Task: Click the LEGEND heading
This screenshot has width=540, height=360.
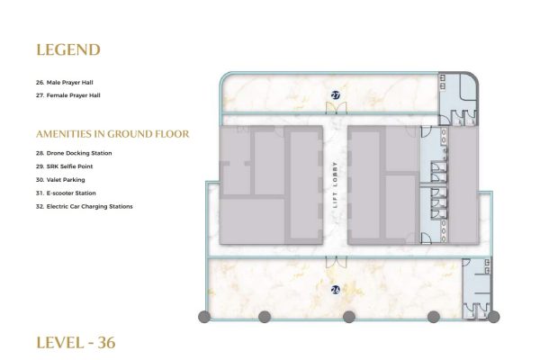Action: [68, 50]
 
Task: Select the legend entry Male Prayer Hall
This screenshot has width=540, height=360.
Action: [65, 83]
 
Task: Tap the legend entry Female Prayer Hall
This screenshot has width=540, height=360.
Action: [68, 95]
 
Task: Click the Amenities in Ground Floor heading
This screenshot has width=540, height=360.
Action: [112, 134]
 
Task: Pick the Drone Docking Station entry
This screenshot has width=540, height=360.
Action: [74, 153]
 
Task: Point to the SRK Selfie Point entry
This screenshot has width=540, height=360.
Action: [65, 166]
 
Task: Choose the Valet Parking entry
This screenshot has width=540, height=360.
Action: [60, 180]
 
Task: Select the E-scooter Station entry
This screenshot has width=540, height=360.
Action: [66, 193]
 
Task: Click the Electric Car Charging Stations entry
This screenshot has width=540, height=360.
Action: [84, 207]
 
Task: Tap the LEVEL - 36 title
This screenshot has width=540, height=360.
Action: [76, 343]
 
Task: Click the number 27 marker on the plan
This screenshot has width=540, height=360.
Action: [336, 95]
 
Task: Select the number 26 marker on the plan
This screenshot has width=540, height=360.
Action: [336, 290]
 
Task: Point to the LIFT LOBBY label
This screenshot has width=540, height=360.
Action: [335, 185]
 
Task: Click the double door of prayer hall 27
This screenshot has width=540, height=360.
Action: [337, 108]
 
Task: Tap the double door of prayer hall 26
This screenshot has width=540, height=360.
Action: [337, 262]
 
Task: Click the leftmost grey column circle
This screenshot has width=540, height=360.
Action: [204, 317]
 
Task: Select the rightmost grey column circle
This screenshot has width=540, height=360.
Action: [493, 317]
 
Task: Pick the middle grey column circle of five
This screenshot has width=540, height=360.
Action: [349, 317]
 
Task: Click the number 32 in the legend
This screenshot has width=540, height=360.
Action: [40, 207]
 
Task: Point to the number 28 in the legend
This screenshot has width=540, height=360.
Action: [40, 153]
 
